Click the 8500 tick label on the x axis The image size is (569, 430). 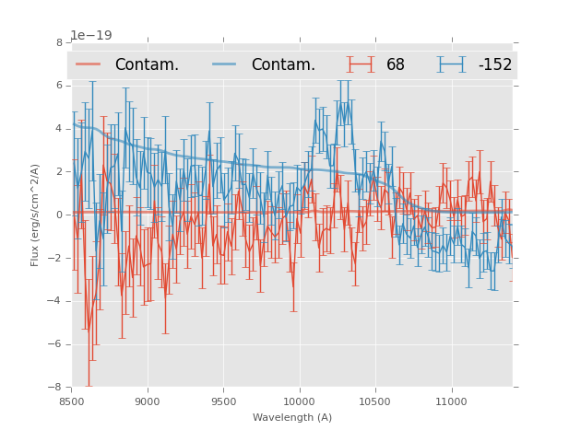click(x=72, y=401)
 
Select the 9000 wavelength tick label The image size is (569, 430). click(x=148, y=401)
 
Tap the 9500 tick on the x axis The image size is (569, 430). click(x=223, y=401)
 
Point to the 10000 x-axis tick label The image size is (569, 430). click(x=299, y=401)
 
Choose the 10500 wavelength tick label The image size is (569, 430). click(x=374, y=401)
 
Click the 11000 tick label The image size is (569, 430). click(x=451, y=401)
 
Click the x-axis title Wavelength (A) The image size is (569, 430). click(x=292, y=417)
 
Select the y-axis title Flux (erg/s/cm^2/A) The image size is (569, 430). click(x=35, y=215)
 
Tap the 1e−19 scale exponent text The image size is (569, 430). click(x=90, y=36)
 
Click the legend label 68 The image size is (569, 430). click(x=396, y=65)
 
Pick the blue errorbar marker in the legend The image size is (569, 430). click(x=451, y=64)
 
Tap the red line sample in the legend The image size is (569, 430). click(x=89, y=64)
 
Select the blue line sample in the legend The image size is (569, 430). click(x=224, y=64)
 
